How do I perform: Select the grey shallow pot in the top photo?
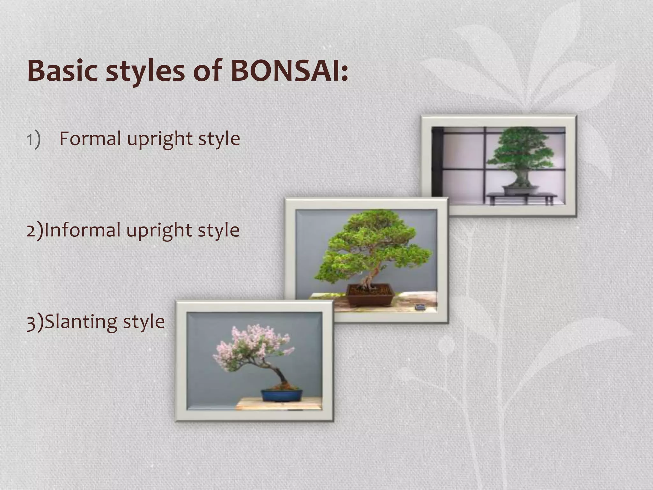click(x=521, y=190)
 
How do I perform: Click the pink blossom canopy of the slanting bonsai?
click(x=252, y=348)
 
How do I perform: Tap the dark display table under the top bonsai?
click(x=522, y=197)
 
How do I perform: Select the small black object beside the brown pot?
click(x=420, y=307)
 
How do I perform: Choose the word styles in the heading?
click(x=145, y=71)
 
